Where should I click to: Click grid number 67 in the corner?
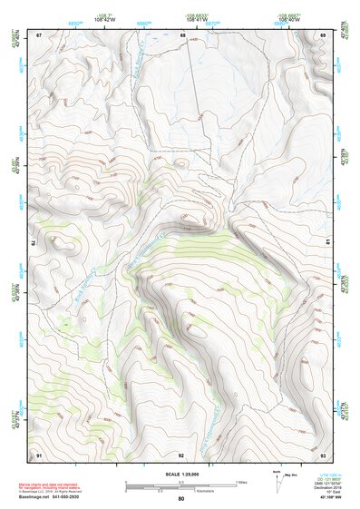click(40, 35)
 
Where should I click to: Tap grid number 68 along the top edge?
click(182, 35)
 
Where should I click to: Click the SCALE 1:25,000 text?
click(181, 475)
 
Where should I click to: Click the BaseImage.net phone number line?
click(63, 498)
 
